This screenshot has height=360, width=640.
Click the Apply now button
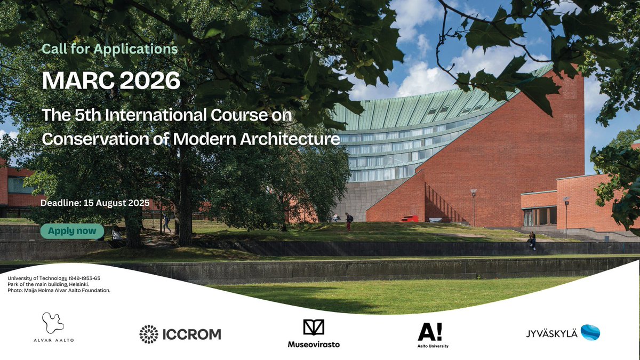72,231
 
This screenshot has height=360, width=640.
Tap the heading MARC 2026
111,81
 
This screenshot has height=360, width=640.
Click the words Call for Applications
109,49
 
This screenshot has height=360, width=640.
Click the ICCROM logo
180,334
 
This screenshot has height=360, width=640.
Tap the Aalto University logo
433,334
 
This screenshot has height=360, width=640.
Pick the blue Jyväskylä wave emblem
590,332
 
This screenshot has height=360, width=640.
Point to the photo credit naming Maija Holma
59,291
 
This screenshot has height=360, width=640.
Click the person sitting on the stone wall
532,240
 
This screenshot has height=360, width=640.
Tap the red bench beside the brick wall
410,218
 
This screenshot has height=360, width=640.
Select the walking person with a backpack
348,221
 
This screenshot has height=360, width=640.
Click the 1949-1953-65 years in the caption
81,279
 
